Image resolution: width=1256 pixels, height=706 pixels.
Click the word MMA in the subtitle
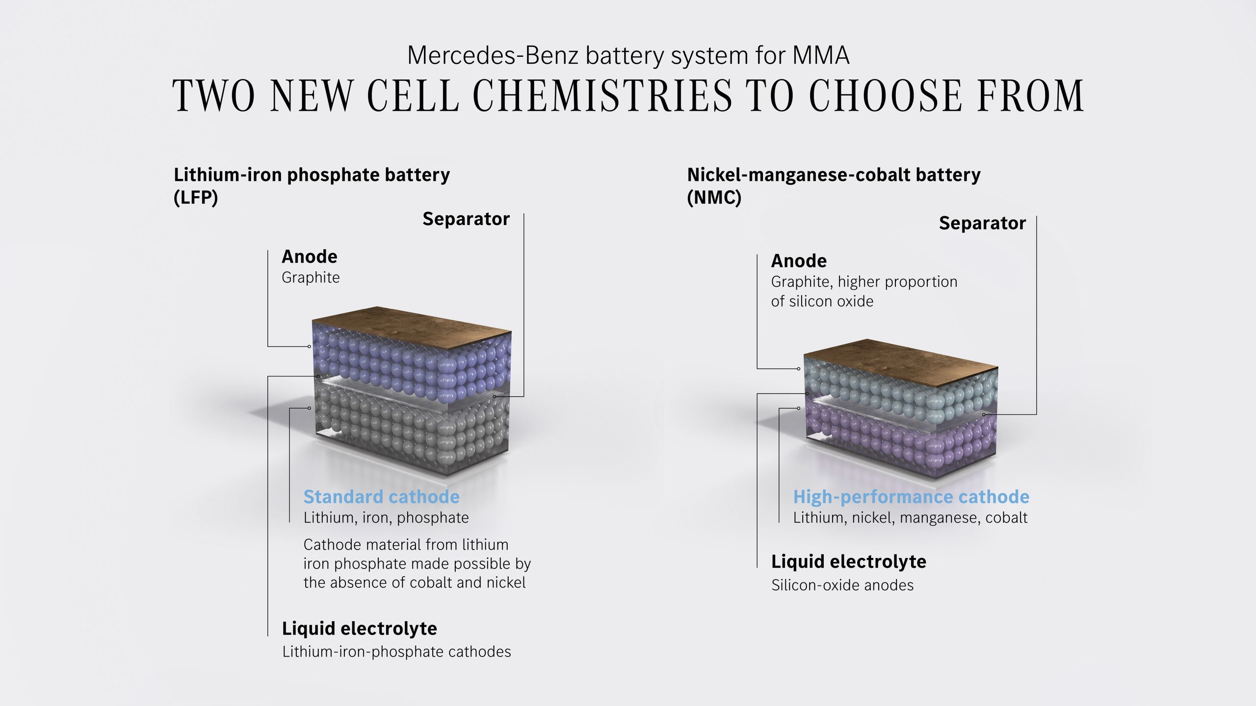821,55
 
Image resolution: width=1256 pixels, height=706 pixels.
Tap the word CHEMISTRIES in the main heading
602,96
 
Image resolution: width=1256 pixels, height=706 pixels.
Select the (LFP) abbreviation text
196,198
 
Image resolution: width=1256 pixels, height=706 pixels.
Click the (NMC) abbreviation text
714,198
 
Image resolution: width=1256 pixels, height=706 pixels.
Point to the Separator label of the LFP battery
466,219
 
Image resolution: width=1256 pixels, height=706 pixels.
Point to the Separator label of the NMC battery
982,223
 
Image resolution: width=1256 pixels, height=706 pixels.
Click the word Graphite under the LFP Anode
311,277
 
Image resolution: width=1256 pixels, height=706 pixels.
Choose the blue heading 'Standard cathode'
382,497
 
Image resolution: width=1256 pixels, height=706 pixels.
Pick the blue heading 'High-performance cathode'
911,497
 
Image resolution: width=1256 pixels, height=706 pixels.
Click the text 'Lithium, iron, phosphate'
386,518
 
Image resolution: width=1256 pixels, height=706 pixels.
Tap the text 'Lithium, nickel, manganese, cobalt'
910,518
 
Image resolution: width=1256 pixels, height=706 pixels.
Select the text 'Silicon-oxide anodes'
842,585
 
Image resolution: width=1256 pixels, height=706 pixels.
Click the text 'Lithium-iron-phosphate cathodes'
396,652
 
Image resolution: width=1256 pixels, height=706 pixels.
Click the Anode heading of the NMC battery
799,261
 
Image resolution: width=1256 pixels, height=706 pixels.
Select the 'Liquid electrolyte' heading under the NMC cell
849,562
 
